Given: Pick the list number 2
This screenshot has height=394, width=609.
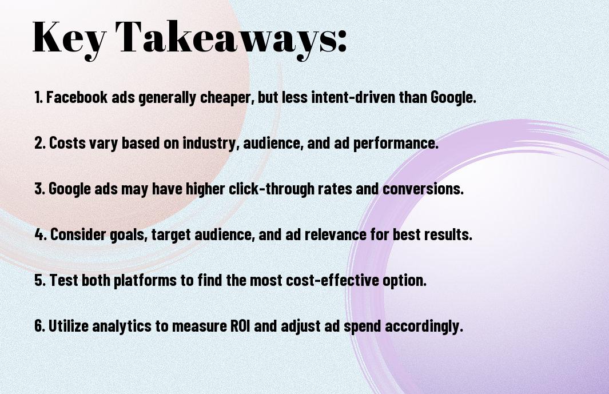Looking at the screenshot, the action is pyautogui.click(x=39, y=143).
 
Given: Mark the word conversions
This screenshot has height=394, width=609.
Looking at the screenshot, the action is pyautogui.click(x=423, y=189).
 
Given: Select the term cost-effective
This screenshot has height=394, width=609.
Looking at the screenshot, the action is pyautogui.click(x=332, y=280).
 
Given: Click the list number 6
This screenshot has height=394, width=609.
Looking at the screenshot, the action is pyautogui.click(x=39, y=325).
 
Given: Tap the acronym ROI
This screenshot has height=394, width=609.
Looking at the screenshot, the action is pyautogui.click(x=240, y=326).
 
